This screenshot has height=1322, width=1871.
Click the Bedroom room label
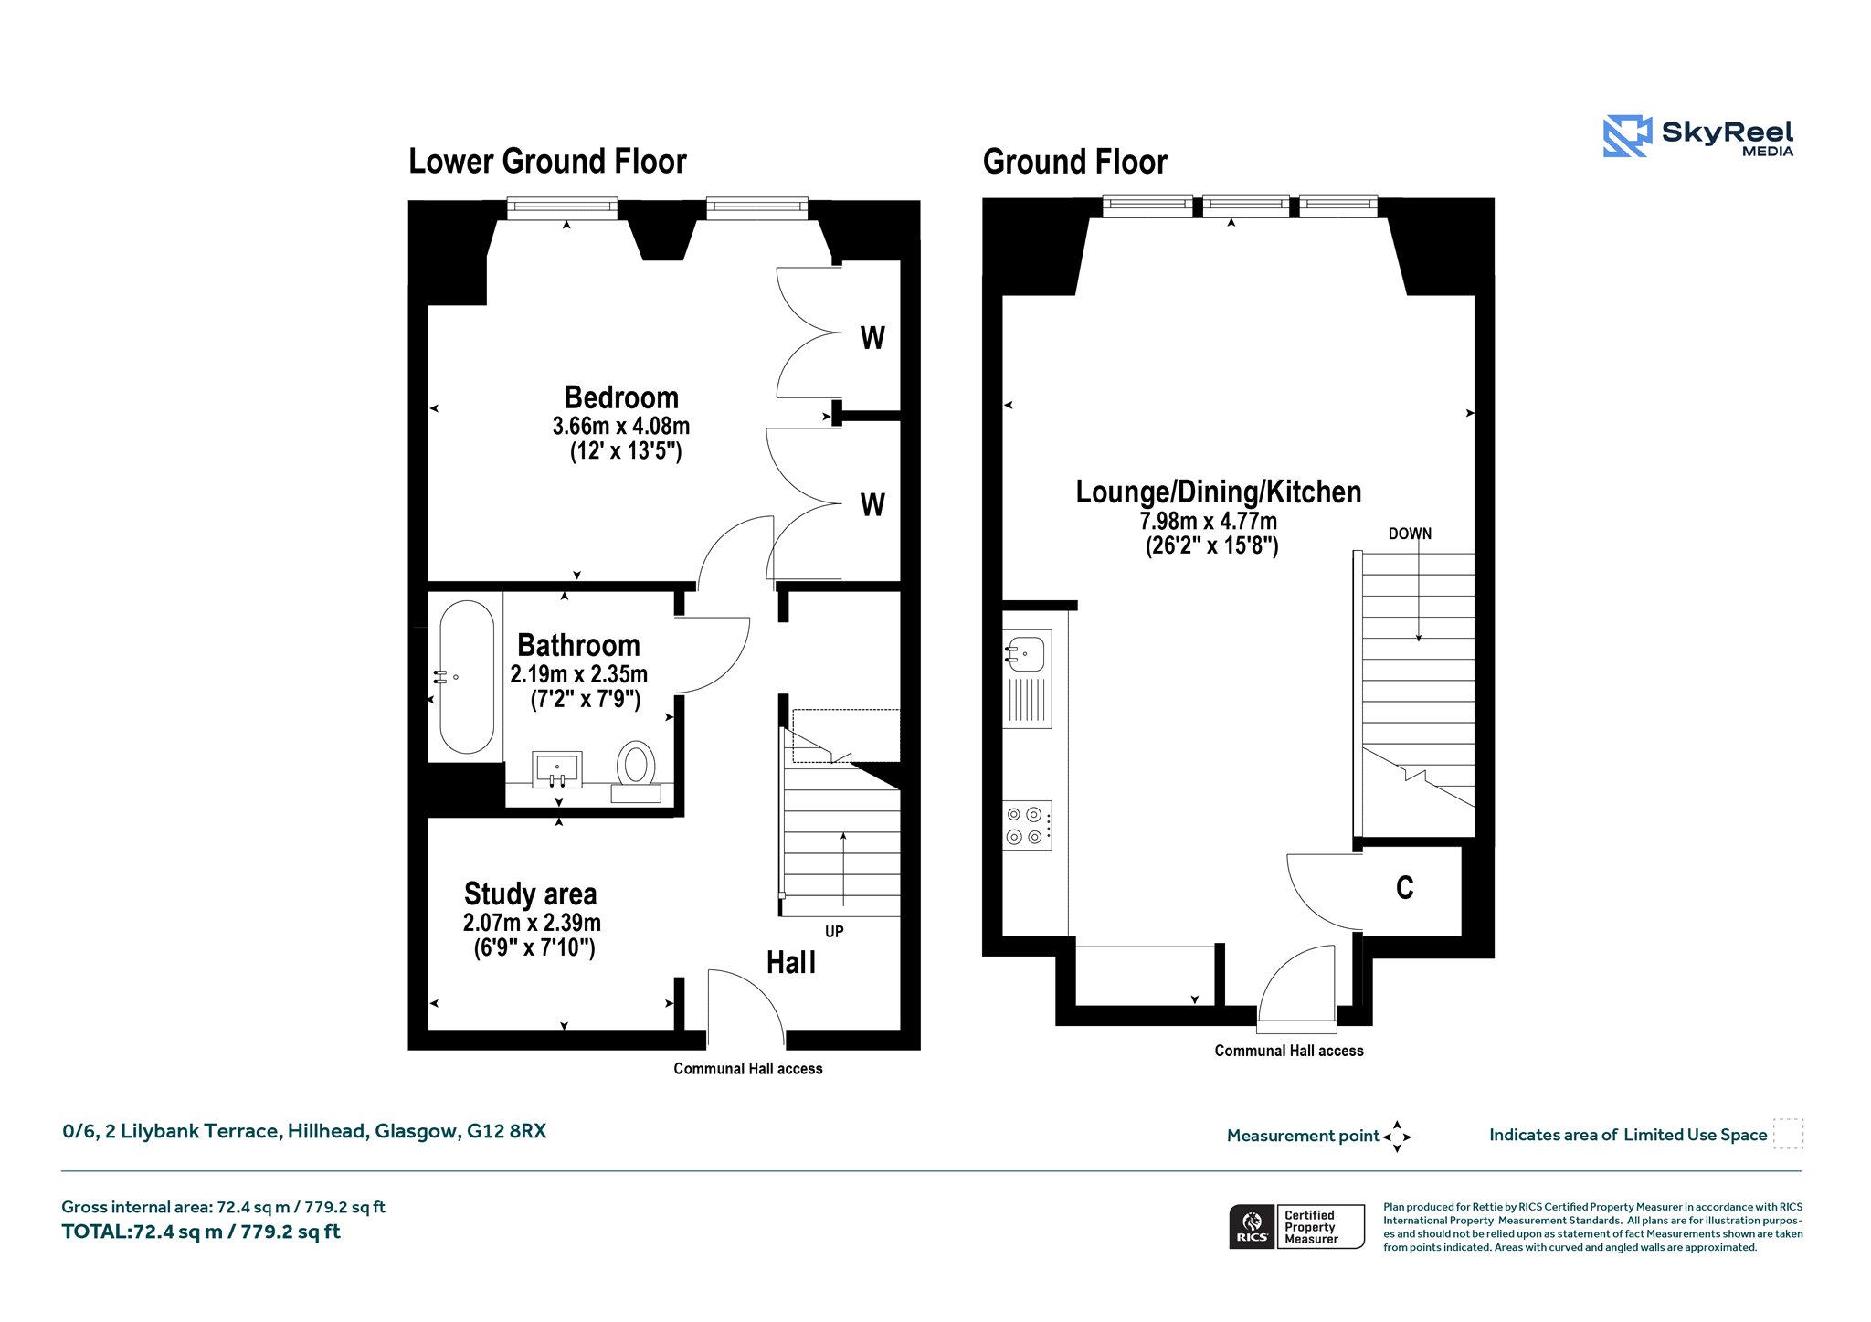click(621, 398)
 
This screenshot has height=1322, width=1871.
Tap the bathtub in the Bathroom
click(467, 677)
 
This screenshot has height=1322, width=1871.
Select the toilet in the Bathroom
click(636, 772)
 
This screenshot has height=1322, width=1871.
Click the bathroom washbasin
click(556, 769)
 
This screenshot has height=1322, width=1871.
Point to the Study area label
click(530, 894)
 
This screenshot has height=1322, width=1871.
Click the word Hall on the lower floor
click(791, 962)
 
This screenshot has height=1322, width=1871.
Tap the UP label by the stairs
click(834, 932)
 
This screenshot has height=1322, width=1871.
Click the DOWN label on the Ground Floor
click(1410, 534)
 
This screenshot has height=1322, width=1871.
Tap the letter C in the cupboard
click(1405, 887)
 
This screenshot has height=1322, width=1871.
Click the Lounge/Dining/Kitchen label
click(1218, 492)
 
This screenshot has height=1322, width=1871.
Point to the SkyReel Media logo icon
click(1627, 136)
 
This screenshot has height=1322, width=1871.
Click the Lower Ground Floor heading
click(547, 162)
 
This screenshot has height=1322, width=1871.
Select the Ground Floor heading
click(1075, 163)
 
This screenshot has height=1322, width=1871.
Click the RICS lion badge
click(1253, 1226)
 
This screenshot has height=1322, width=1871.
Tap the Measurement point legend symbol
click(1397, 1137)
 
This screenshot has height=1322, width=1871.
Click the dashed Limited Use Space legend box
click(1788, 1134)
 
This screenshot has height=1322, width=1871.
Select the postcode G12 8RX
click(506, 1131)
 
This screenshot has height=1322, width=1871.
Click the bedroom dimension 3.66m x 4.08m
click(621, 427)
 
